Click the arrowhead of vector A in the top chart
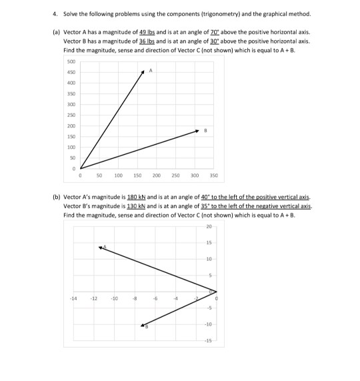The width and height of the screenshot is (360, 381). click(143, 71)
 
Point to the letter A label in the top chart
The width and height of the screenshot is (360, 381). click(152, 70)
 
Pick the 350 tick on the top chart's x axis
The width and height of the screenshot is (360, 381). click(213, 175)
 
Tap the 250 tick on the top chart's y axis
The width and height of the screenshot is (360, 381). click(71, 115)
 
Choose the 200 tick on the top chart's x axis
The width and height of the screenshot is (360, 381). click(137, 175)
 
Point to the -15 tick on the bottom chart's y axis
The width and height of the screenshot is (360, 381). click(208, 340)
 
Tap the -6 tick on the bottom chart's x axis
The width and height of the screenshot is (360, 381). click(156, 298)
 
